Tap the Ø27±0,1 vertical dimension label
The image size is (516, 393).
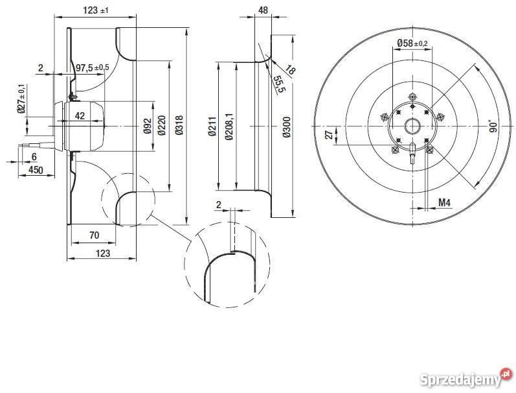point(22,99)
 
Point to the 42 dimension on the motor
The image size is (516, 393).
point(80,116)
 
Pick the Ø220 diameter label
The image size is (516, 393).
point(163,126)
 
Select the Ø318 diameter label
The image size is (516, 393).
point(179,126)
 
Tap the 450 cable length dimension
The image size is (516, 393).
point(36,170)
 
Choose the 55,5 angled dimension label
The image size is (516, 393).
point(278,84)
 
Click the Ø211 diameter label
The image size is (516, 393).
point(212,126)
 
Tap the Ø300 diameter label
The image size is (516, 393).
point(286,126)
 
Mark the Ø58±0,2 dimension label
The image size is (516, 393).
point(412,43)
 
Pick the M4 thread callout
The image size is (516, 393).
point(444,203)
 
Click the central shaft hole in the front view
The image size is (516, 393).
point(412,126)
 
